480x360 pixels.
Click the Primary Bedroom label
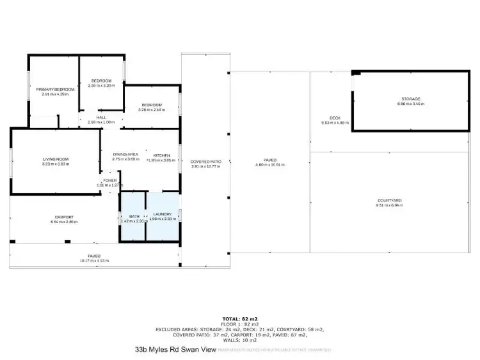(55, 89)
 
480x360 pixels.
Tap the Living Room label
(56, 159)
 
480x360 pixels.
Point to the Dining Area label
(125, 155)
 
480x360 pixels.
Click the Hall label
(101, 118)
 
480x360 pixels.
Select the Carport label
(64, 217)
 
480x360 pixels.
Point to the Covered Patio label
(205, 162)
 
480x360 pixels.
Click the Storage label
(411, 98)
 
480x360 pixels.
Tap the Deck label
(335, 118)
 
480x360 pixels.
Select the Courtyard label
(389, 201)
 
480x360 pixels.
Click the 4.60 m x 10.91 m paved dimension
(269, 164)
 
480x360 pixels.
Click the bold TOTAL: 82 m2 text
(239, 318)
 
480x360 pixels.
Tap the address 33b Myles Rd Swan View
(175, 350)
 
